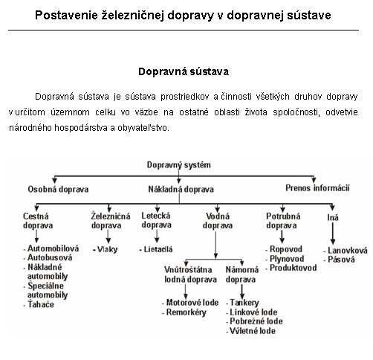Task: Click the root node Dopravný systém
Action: (178, 165)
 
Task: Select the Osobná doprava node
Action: (58, 190)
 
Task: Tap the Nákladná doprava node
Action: (181, 190)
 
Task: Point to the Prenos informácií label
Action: (317, 188)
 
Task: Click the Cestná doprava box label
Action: (38, 221)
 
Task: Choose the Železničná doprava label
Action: (111, 220)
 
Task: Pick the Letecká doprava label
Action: (156, 220)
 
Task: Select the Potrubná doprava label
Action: (283, 221)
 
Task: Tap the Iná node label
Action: (333, 217)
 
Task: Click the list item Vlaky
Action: (105, 249)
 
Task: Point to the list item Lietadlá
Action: (156, 249)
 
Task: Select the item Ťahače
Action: (39, 304)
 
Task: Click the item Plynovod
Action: (285, 259)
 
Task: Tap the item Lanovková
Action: (346, 251)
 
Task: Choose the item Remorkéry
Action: (184, 312)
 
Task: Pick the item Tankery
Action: (242, 303)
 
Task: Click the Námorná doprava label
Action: (242, 274)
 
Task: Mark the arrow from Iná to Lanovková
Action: (333, 234)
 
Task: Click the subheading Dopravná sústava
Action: (184, 72)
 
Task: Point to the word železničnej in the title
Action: (132, 16)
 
